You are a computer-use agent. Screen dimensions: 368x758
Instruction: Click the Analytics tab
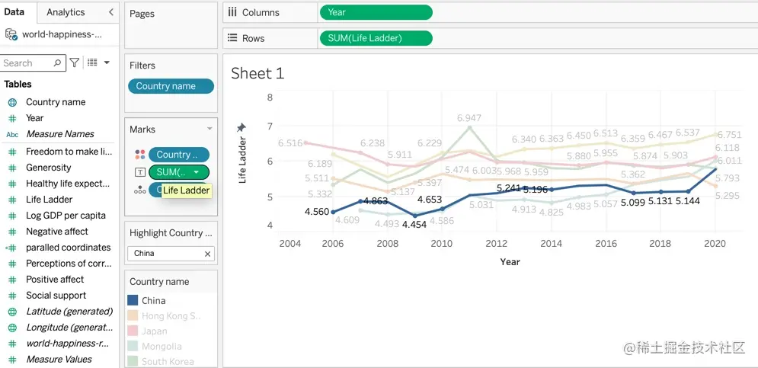[66, 12]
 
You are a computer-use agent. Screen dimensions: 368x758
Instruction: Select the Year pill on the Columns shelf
[376, 12]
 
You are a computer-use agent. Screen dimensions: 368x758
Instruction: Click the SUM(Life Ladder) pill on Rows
[376, 38]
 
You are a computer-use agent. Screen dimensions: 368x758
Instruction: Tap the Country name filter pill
[171, 86]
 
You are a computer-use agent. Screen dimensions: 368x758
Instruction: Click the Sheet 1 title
[257, 73]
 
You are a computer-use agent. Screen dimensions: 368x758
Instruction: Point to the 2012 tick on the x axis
[496, 244]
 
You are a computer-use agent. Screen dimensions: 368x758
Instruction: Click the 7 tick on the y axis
[269, 126]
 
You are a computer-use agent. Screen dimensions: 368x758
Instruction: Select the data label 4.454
[414, 225]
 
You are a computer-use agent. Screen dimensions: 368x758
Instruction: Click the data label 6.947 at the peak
[469, 118]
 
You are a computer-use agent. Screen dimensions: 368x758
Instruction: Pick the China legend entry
[153, 301]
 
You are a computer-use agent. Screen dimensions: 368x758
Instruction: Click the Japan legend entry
[154, 331]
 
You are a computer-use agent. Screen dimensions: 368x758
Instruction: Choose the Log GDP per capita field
[66, 216]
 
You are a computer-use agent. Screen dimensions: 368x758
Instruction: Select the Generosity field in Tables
[49, 168]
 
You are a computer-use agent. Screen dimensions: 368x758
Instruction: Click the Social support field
[56, 296]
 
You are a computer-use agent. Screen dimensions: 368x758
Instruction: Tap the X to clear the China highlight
[207, 254]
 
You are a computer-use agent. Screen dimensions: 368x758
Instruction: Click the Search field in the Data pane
[27, 63]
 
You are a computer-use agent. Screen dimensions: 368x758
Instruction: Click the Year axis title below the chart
[510, 262]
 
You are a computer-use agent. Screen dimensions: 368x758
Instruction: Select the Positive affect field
[56, 280]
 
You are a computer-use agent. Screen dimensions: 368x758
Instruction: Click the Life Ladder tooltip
[186, 190]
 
